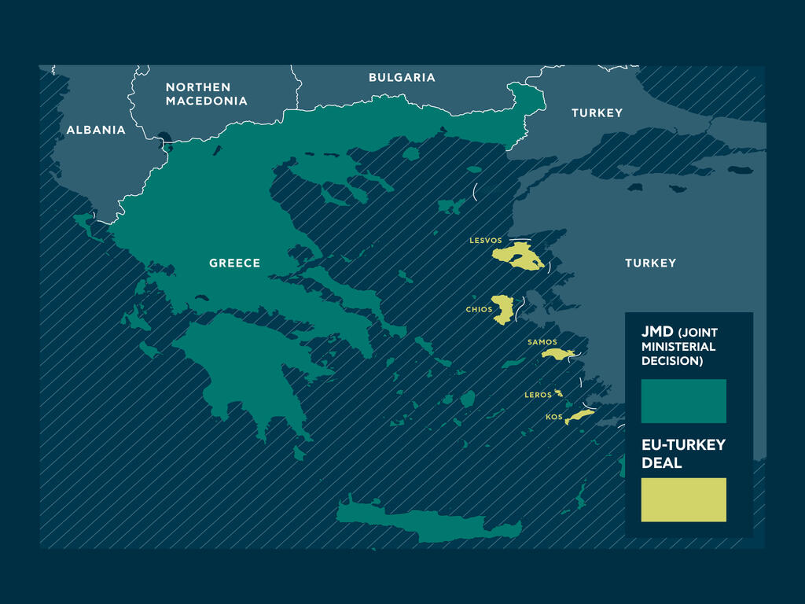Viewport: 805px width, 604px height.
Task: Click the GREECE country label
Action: [x=234, y=263]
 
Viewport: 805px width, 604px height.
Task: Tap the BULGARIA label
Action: [x=402, y=78]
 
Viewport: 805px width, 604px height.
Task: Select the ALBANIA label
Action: [x=96, y=130]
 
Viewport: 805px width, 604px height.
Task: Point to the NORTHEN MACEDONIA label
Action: [x=206, y=94]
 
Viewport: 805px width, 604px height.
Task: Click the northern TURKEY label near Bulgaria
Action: [x=597, y=113]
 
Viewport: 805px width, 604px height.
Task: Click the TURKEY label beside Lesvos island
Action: [x=650, y=263]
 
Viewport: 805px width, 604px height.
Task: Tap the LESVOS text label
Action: [x=485, y=241]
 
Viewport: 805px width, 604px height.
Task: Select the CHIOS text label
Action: [x=479, y=310]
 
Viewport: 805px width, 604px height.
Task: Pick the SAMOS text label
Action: [x=542, y=342]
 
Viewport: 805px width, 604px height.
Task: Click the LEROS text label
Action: [x=538, y=395]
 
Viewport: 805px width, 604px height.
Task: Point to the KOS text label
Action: [x=554, y=417]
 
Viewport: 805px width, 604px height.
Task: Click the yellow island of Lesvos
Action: [x=519, y=257]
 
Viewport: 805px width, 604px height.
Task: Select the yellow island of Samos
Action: [x=559, y=355]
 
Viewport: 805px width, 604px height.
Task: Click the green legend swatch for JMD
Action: [x=683, y=401]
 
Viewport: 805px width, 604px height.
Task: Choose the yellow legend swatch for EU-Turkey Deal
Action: [x=683, y=499]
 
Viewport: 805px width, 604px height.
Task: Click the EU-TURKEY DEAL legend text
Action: [x=682, y=454]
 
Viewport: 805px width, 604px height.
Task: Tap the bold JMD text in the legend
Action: [x=657, y=332]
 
